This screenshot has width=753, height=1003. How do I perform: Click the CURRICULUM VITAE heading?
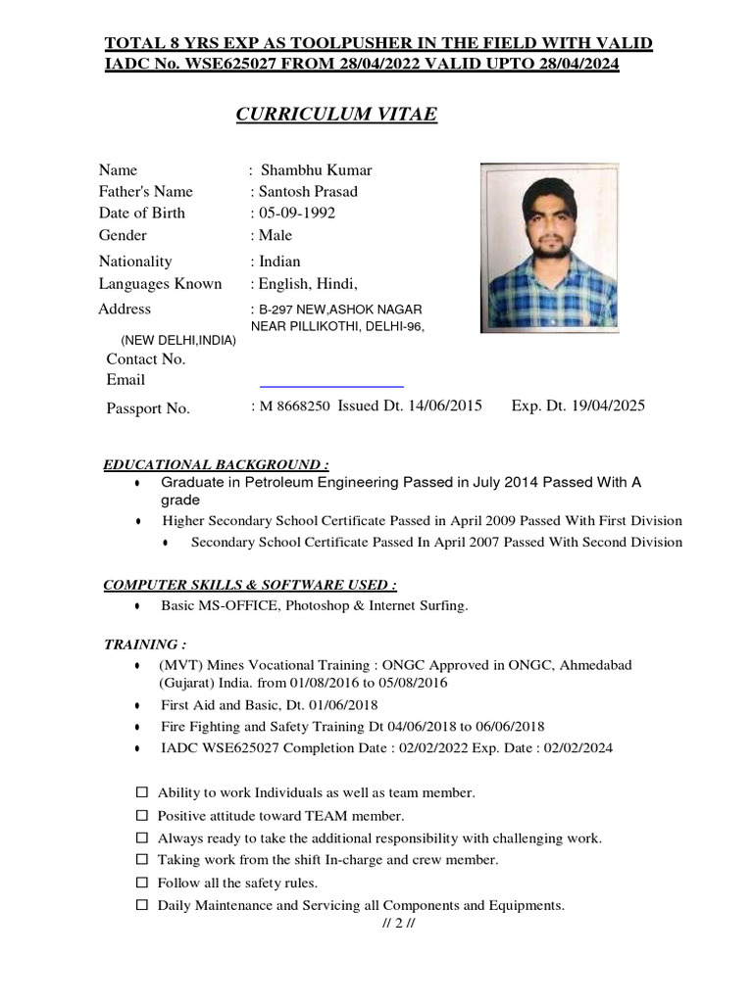point(336,116)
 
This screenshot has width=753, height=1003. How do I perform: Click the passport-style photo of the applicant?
point(550,248)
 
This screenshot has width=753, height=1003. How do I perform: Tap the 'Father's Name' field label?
point(145,191)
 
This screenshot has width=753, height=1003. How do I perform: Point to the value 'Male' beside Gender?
point(275,235)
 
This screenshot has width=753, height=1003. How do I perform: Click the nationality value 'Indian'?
point(278,262)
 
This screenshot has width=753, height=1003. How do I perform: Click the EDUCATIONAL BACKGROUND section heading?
point(217,464)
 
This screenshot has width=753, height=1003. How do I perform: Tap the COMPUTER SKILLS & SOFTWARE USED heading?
point(250,586)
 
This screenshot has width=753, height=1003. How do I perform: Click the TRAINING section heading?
point(145,645)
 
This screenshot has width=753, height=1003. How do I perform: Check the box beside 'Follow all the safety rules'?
point(141,883)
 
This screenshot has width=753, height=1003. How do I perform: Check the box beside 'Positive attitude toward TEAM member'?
point(141,815)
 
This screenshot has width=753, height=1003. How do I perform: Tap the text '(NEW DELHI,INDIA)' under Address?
point(177,340)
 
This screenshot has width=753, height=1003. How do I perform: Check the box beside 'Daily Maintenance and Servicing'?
point(141,905)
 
